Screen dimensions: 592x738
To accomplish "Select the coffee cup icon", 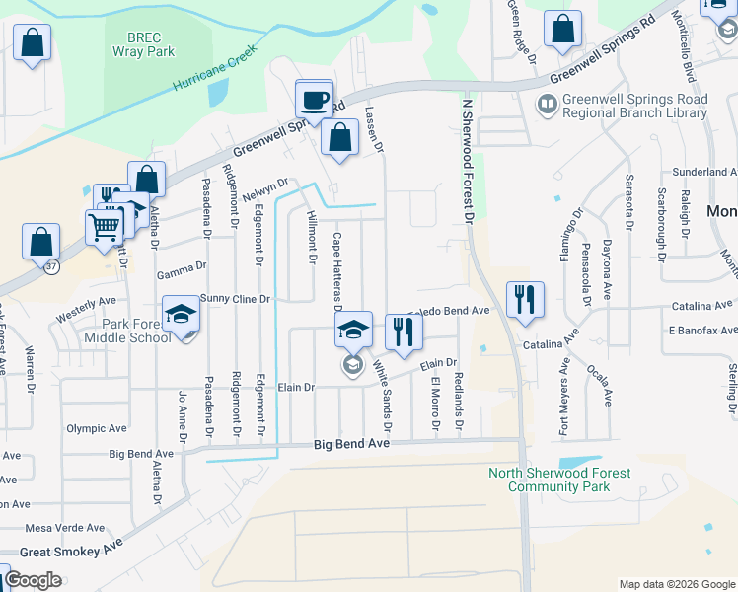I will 315,100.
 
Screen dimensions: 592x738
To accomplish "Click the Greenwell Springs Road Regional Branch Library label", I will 633,106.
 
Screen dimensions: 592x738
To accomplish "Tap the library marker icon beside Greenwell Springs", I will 546,103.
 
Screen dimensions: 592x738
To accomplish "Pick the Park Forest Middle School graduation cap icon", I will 182,315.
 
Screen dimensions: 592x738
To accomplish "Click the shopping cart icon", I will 105,227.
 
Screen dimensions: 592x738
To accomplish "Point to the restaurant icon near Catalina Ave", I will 525,299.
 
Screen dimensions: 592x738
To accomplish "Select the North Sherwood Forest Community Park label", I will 559,480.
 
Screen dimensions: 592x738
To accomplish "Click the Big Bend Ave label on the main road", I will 352,445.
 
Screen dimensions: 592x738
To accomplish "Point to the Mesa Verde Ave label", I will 63,527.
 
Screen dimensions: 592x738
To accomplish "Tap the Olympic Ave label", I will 97,429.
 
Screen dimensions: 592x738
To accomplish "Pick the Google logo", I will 34,580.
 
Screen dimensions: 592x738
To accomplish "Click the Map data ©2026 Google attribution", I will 677,584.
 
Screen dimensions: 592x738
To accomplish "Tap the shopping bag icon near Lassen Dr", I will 339,139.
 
